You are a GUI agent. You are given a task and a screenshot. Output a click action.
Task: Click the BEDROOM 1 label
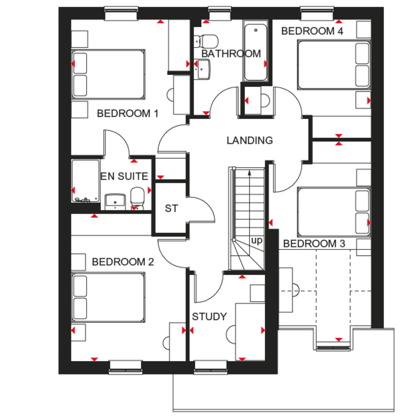[128, 113]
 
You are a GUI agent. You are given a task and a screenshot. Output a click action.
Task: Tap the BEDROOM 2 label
[123, 262]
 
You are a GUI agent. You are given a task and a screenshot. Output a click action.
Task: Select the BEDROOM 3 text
[314, 244]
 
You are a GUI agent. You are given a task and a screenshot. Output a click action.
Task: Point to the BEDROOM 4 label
[312, 31]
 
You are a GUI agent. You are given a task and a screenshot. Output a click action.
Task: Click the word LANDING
[250, 140]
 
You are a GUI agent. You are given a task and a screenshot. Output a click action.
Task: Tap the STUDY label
[209, 316]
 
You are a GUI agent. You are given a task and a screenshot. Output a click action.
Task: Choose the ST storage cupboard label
[171, 208]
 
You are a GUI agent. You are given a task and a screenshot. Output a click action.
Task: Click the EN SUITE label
[124, 176]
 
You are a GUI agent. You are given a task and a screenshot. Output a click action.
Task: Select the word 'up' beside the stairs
[257, 241]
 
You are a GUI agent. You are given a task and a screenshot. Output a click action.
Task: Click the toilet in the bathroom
[206, 41]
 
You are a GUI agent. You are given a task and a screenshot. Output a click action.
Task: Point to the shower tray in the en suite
[86, 181]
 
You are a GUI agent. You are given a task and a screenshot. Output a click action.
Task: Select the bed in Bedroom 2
[108, 297]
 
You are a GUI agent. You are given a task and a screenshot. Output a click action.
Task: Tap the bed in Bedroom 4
[334, 65]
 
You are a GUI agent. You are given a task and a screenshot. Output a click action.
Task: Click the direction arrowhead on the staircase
[249, 173]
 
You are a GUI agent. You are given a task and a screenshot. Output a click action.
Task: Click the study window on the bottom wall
[211, 368]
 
